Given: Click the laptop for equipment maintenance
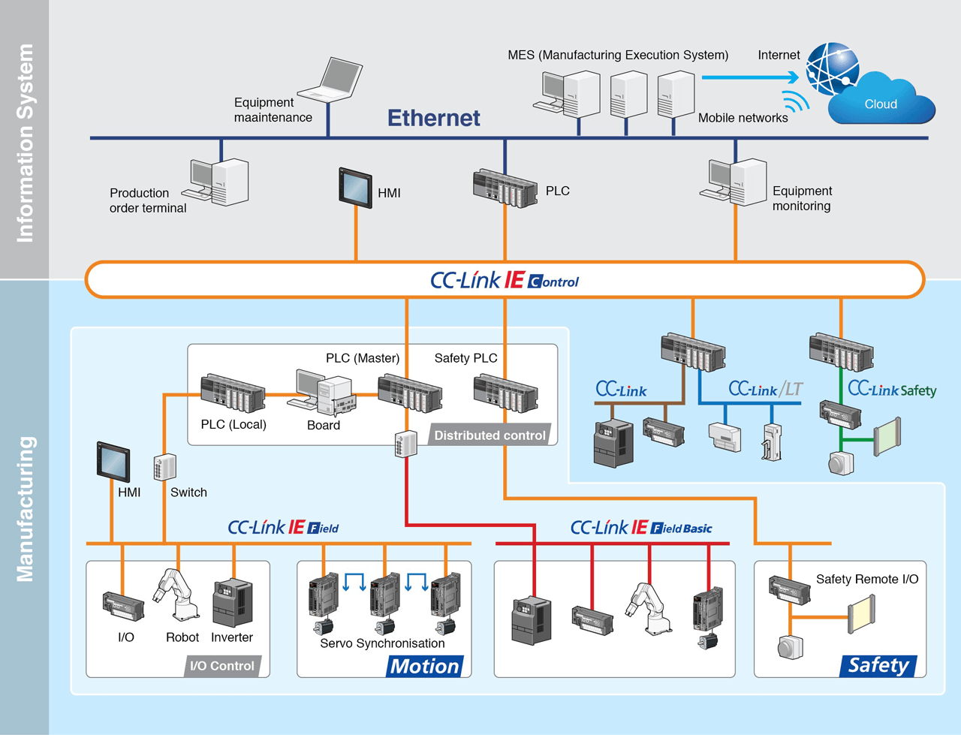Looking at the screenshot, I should coord(337,80).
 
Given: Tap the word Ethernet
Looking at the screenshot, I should coord(433,118).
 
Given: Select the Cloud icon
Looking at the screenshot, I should coord(882,101).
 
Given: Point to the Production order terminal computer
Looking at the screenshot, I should coord(221,182).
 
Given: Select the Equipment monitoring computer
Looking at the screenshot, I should coord(737,182).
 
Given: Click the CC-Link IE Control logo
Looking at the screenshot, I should coord(505,281).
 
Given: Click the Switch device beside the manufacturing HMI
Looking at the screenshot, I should coord(165,467).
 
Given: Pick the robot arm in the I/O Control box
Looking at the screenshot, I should coord(178,595).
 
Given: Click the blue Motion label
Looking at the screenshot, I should coord(425,666).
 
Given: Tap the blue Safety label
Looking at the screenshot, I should coord(878,665).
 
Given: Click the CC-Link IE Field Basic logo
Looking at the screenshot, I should coord(641,528).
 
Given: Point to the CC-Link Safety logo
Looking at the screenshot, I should coord(892,389).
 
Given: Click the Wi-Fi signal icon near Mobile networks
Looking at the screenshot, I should coord(796,101).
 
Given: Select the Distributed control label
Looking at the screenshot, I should coord(490,435).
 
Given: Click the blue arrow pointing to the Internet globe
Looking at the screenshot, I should coord(750,77).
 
